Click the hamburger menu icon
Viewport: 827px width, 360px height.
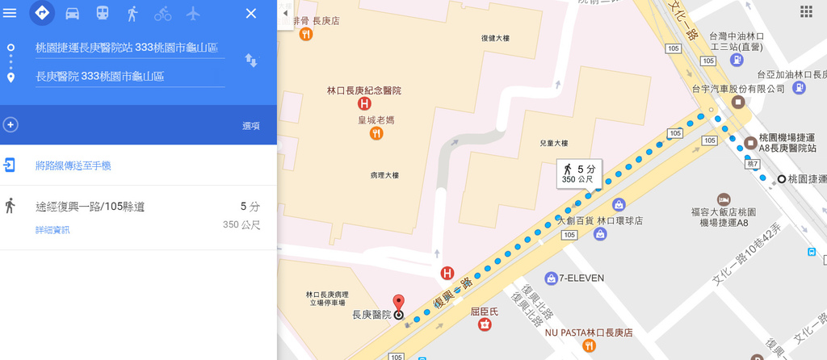10,13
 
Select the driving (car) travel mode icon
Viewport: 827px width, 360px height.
72,13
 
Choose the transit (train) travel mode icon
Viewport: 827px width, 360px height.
103,13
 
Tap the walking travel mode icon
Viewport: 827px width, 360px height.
132,13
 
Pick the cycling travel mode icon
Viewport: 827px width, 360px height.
162,13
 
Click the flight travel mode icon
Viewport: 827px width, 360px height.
192,13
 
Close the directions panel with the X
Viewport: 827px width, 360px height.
251,13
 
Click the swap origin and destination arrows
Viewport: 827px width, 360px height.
251,61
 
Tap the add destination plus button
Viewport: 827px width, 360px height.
10,124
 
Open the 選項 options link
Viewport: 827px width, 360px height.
251,126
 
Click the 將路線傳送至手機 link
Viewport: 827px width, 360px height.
73,165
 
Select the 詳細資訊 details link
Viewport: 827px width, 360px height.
52,230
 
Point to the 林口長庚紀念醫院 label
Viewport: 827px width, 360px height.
363,90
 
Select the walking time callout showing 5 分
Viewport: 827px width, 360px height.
579,173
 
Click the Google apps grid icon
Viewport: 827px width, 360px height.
806,11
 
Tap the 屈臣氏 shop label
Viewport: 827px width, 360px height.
484,311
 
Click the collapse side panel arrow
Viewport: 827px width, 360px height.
285,14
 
